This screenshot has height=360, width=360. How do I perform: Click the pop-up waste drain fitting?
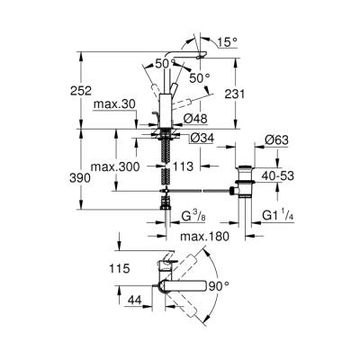point(245,175)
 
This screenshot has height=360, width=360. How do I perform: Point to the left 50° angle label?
point(162,64)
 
